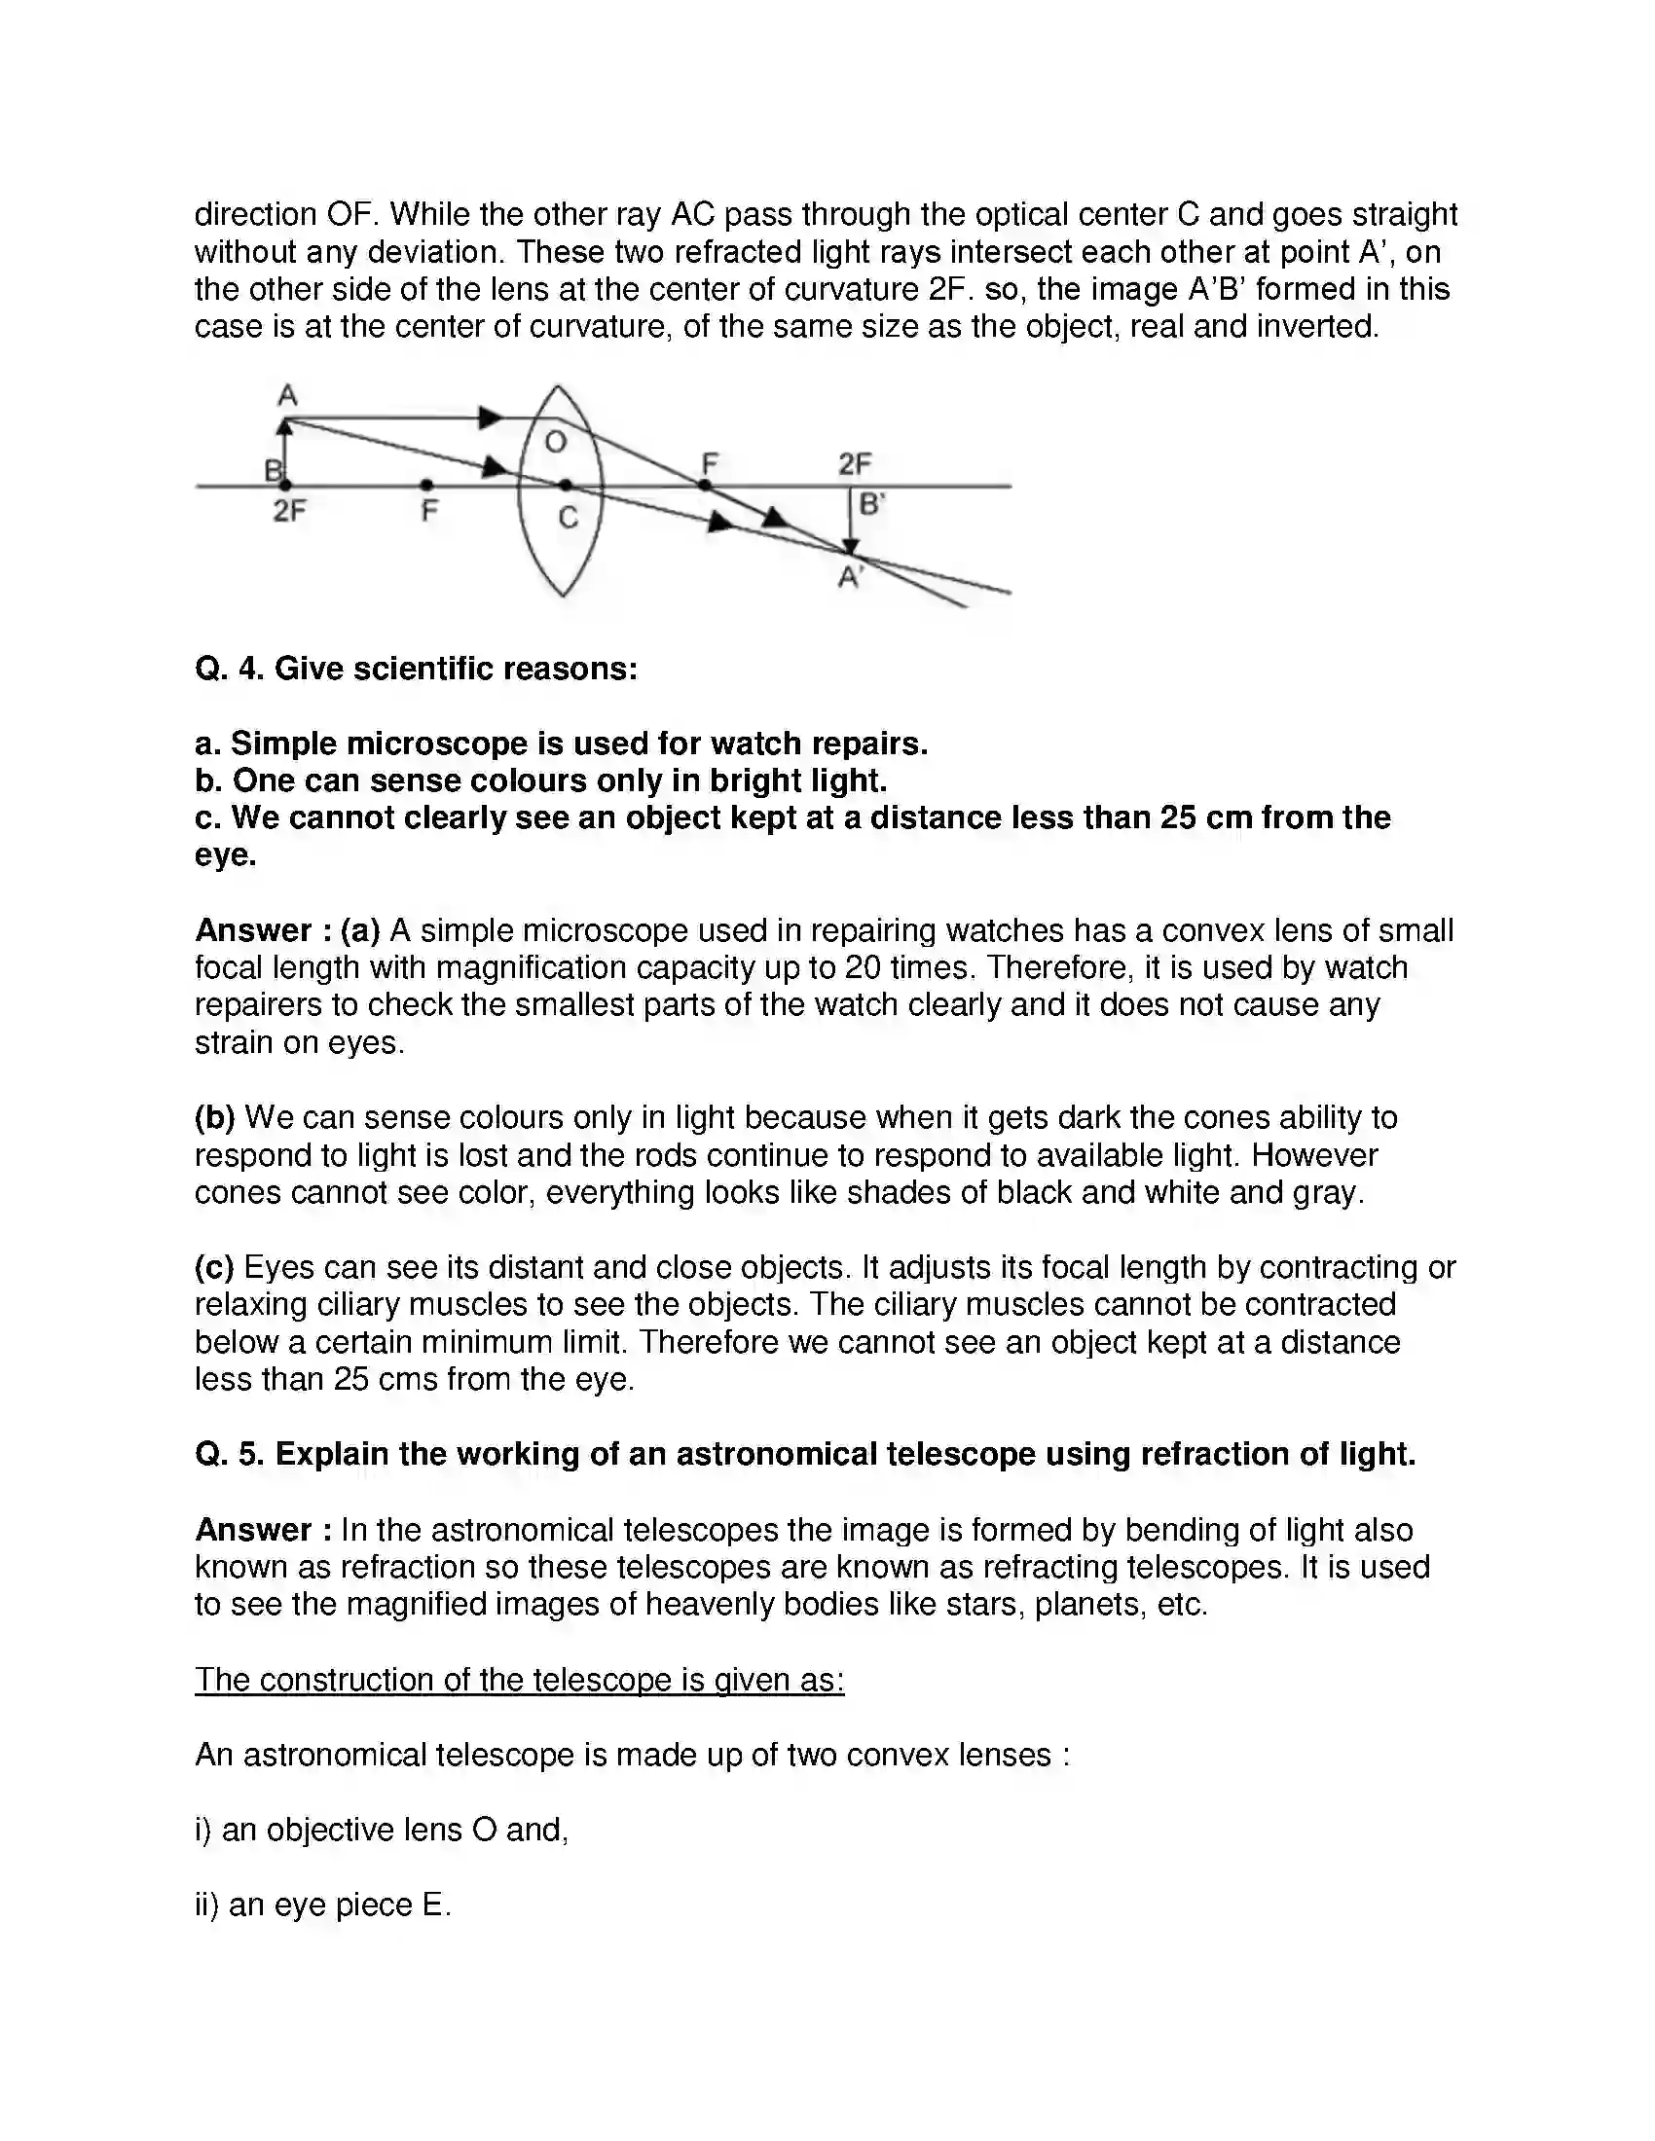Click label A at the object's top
pyautogui.click(x=287, y=395)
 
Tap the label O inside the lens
pyautogui.click(x=555, y=442)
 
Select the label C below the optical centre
pyautogui.click(x=568, y=517)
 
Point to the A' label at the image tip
pyautogui.click(x=850, y=578)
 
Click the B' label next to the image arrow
pyautogui.click(x=870, y=505)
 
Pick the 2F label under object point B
pyautogui.click(x=289, y=511)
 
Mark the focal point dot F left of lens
pyautogui.click(x=426, y=485)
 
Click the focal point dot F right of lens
pyautogui.click(x=704, y=485)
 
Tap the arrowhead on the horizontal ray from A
pyautogui.click(x=490, y=418)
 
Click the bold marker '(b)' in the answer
pyautogui.click(x=215, y=1117)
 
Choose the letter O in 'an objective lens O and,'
pyautogui.click(x=484, y=1830)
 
